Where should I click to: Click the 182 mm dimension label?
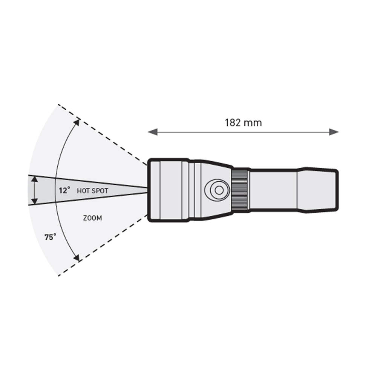(243, 123)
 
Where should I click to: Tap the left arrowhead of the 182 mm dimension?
(152, 132)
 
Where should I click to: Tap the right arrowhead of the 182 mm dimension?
(334, 132)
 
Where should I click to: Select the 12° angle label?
(64, 191)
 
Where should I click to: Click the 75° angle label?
(50, 237)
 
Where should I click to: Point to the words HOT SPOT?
(93, 191)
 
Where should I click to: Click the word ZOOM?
(92, 218)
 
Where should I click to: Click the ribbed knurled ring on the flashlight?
(240, 190)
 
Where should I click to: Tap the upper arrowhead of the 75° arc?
(77, 122)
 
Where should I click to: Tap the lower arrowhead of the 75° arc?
(77, 257)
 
